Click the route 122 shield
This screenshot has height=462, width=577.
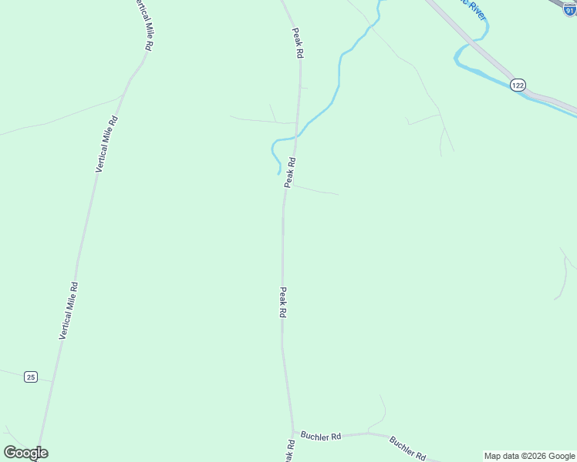pos(518,85)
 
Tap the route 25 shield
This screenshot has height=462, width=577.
pos(30,377)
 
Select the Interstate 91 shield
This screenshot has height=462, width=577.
pos(570,9)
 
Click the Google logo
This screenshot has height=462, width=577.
pos(25,453)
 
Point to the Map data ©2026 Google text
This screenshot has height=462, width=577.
pos(529,456)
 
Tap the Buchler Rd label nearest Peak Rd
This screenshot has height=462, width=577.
pos(321,436)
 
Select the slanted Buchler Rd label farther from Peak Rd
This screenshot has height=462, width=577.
pos(407,447)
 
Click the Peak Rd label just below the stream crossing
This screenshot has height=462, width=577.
pos(290,172)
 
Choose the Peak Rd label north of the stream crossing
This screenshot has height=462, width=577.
pos(298,43)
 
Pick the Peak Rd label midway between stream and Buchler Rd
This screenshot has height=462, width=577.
pos(283,303)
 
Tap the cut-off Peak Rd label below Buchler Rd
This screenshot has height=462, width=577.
pos(288,452)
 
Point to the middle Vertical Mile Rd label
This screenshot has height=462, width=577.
pos(106,144)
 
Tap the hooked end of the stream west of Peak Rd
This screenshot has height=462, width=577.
pos(278,172)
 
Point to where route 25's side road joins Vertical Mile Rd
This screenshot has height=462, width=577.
pos(52,381)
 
